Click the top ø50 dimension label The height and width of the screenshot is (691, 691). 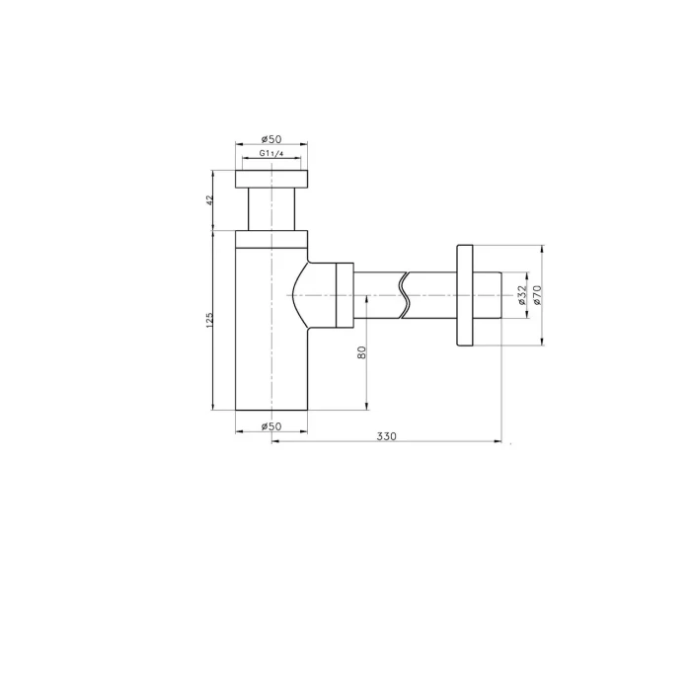pos(271,139)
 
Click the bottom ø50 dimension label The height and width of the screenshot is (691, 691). pos(271,426)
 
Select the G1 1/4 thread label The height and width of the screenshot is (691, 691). pos(271,153)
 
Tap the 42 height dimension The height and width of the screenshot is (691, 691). pos(209,199)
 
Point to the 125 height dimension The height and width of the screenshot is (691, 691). pos(209,320)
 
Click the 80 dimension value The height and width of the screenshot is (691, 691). pos(361,352)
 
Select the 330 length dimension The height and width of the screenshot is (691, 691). pos(387,436)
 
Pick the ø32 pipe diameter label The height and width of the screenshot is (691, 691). pos(522,295)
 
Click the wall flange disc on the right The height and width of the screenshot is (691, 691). pos(465,295)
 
